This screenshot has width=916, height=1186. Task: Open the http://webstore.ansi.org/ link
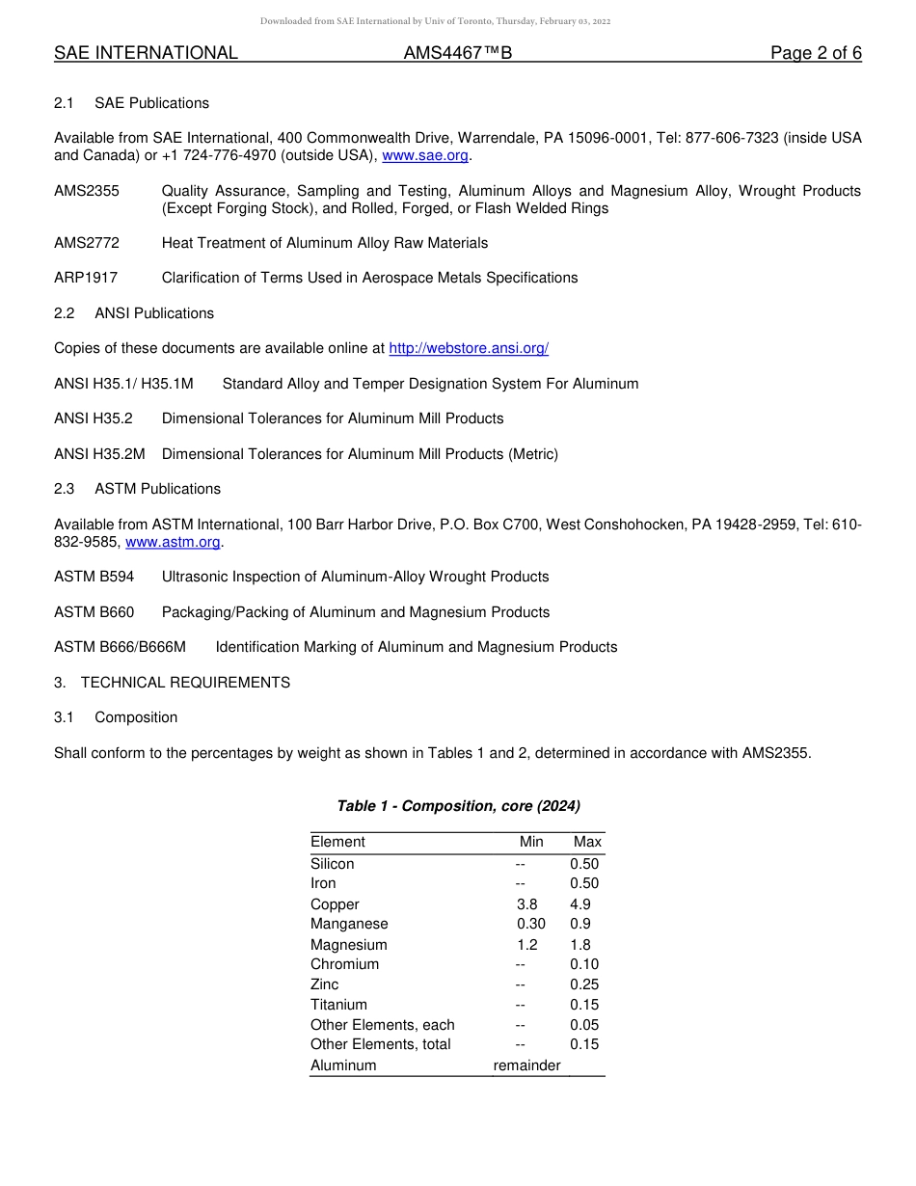[x=469, y=348]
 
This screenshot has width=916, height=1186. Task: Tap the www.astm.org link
[x=174, y=542]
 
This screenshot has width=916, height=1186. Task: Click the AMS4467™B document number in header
[x=457, y=53]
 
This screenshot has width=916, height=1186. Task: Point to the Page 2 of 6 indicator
[x=816, y=53]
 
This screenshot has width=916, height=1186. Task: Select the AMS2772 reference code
[x=87, y=243]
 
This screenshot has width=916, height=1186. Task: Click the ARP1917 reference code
[x=86, y=278]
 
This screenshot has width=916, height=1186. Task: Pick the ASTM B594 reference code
[x=94, y=577]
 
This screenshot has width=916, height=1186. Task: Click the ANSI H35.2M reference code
[x=99, y=454]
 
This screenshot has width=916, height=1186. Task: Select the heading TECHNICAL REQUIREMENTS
[x=185, y=683]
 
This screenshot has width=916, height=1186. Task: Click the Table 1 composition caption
[x=458, y=806]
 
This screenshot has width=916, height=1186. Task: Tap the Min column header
[x=531, y=842]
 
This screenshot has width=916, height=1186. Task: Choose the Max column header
[x=587, y=842]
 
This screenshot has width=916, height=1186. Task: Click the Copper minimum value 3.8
[x=527, y=904]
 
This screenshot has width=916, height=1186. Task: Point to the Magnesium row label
[x=349, y=945]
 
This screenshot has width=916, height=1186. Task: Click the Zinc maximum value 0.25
[x=584, y=984]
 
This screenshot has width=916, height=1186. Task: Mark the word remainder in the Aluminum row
[x=526, y=1065]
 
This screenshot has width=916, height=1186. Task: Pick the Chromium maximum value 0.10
[x=584, y=964]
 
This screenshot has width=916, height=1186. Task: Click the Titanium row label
[x=338, y=1005]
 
